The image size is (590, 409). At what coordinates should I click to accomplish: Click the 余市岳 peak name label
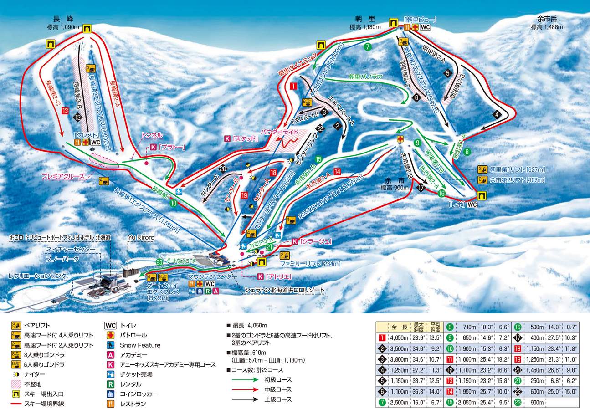(x=547, y=19)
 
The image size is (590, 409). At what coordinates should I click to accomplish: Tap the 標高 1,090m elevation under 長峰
(x=63, y=27)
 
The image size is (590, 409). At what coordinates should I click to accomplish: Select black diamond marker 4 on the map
(x=497, y=114)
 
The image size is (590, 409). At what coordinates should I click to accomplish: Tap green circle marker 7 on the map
(x=368, y=46)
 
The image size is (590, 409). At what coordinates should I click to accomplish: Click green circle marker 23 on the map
(x=159, y=262)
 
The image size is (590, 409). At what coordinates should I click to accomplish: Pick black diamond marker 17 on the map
(x=421, y=187)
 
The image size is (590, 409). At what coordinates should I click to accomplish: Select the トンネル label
(x=152, y=135)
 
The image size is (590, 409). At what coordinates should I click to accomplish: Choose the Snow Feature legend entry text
(x=140, y=345)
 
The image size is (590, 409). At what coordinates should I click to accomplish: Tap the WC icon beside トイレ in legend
(x=111, y=326)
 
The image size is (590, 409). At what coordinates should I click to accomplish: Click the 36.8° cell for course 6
(x=419, y=391)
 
